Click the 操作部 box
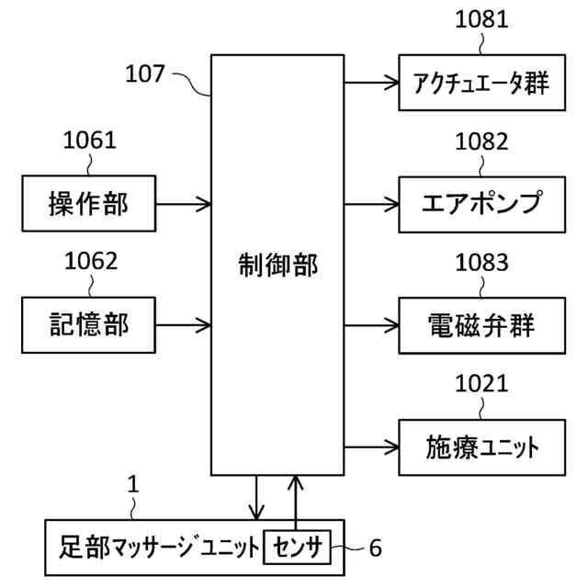[x=88, y=203]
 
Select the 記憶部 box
[x=88, y=323]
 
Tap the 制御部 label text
[x=277, y=266]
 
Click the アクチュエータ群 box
[x=481, y=83]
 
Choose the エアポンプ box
[x=481, y=203]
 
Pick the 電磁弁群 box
[x=481, y=324]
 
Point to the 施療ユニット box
[x=481, y=447]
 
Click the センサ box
[x=296, y=548]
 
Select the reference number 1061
[x=89, y=141]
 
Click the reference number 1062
[x=90, y=261]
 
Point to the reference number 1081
[x=481, y=19]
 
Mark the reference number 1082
[x=481, y=141]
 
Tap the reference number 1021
[x=481, y=383]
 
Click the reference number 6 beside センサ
[x=375, y=548]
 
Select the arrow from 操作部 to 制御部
[x=184, y=203]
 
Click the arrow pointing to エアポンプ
[x=371, y=203]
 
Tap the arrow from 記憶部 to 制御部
[x=184, y=323]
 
